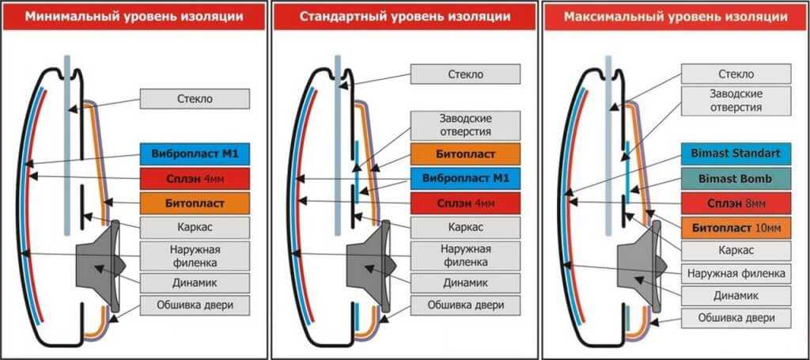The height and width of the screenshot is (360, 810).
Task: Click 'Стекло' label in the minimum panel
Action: click(195, 99)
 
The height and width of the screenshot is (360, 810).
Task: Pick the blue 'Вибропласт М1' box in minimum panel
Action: click(195, 153)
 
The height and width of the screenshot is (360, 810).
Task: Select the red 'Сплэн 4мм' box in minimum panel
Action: click(195, 178)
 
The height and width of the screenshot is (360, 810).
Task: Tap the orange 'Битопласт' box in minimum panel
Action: click(195, 203)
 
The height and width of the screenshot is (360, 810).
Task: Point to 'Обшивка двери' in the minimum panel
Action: click(195, 305)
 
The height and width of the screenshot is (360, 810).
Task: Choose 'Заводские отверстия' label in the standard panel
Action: click(465, 125)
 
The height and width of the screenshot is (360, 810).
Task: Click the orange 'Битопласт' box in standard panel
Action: click(465, 153)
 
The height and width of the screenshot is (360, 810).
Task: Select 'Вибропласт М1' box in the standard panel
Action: click(465, 179)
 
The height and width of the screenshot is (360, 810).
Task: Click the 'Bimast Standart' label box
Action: click(736, 153)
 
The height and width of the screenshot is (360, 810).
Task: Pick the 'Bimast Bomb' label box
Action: click(736, 179)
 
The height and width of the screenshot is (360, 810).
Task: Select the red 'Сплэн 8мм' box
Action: click(736, 203)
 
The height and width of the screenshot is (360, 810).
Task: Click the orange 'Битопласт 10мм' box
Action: click(736, 229)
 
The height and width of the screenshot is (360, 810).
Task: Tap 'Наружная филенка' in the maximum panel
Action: click(736, 273)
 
